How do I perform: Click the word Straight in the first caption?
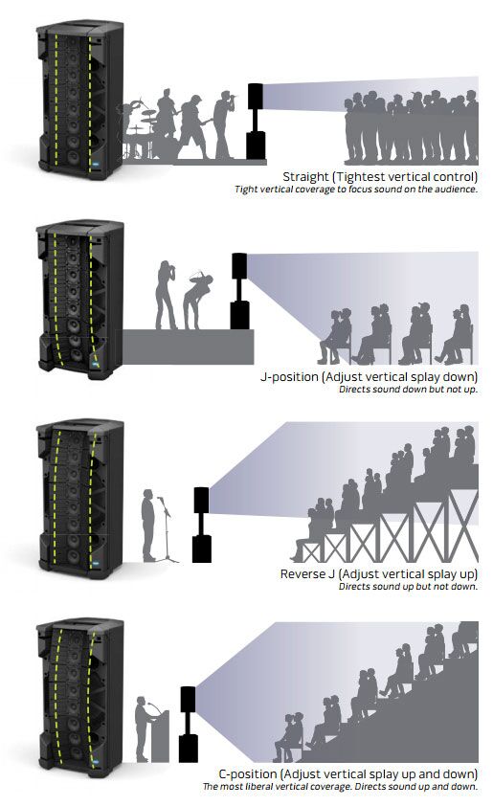305,177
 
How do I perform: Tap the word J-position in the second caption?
289,377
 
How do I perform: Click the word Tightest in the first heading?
360,177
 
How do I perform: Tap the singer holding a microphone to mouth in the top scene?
225,124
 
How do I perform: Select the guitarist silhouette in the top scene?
192,126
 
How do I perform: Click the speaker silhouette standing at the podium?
142,728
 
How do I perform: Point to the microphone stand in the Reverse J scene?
168,529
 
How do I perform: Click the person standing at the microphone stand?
148,525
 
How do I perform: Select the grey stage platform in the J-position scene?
189,347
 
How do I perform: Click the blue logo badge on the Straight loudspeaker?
96,165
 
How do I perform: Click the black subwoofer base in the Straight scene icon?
256,146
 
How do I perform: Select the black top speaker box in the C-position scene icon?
188,699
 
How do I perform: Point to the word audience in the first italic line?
457,190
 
